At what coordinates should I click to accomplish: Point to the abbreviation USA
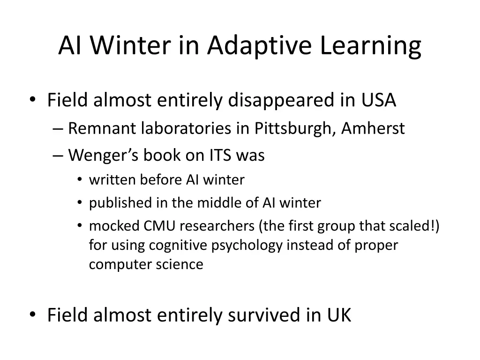[378, 100]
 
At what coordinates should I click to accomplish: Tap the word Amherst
[373, 128]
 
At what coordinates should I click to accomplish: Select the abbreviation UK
[338, 315]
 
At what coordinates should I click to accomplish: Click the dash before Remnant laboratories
[59, 128]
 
